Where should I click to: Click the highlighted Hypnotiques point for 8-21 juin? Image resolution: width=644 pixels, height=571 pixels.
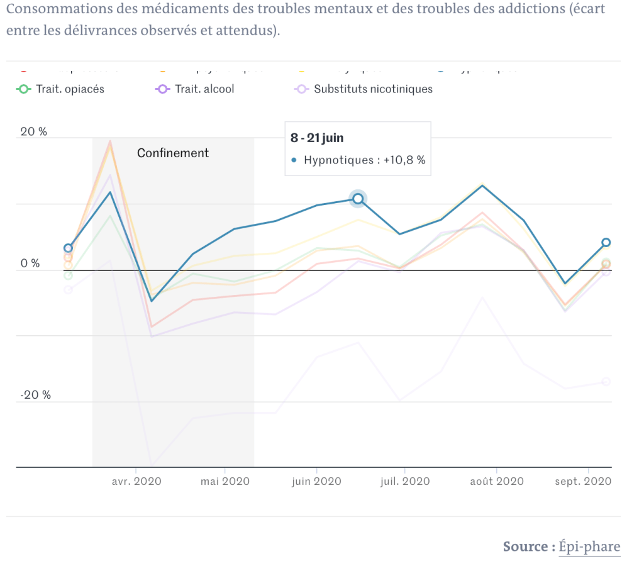(x=358, y=199)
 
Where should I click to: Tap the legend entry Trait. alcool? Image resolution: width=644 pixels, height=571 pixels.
(x=204, y=89)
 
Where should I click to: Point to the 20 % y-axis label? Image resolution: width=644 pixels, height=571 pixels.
(x=35, y=132)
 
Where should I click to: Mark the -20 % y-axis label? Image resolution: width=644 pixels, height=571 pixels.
(x=35, y=395)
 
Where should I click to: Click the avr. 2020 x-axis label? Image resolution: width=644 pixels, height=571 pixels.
(x=136, y=481)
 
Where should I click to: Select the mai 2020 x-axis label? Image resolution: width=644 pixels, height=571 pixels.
(x=225, y=481)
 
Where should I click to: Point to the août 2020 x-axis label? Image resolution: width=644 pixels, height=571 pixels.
(x=497, y=481)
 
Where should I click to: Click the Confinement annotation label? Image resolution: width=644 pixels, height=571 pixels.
(x=173, y=153)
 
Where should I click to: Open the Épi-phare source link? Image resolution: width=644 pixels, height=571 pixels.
(x=589, y=546)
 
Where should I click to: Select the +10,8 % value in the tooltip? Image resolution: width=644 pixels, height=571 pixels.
(x=403, y=160)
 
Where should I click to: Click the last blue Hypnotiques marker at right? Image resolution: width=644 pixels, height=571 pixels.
(x=606, y=243)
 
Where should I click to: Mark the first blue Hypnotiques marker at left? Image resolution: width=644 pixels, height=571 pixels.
(x=69, y=248)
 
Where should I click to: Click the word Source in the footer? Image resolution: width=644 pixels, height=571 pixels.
(x=525, y=546)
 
